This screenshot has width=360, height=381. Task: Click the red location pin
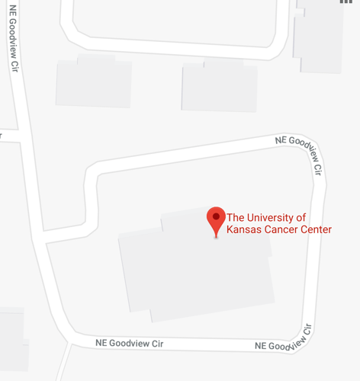(x=216, y=220)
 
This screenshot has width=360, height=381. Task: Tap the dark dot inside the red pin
(x=216, y=217)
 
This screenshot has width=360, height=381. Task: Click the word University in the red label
(x=270, y=216)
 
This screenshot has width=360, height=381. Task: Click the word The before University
(x=236, y=216)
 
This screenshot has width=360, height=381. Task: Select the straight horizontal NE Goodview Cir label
(x=130, y=343)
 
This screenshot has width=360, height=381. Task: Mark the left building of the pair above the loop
(x=94, y=81)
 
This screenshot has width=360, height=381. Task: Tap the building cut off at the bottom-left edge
(x=12, y=339)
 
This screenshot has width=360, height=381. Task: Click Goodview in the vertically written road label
(x=14, y=35)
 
